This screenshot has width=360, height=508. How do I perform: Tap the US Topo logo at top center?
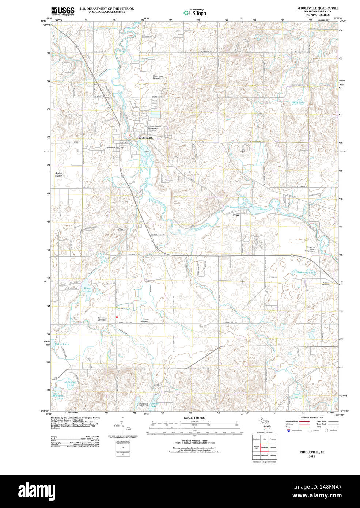click(195, 13)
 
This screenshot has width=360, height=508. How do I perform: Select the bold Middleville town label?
click(146, 139)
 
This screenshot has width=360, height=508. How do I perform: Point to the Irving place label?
click(236, 215)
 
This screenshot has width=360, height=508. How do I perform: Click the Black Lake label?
click(298, 103)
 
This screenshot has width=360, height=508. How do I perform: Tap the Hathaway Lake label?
click(306, 273)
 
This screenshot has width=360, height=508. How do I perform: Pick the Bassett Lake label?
click(88, 289)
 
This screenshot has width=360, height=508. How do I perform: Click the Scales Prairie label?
click(58, 174)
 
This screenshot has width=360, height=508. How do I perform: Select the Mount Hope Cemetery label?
click(157, 77)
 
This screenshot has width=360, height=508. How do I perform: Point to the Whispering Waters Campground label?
click(310, 249)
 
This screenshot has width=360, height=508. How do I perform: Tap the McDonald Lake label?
click(70, 384)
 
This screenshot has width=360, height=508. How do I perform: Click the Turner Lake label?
click(154, 405)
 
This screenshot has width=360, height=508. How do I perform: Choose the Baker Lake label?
click(62, 344)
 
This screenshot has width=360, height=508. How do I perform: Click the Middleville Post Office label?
click(115, 147)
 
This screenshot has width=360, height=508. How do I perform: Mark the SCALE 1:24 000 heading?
click(194, 418)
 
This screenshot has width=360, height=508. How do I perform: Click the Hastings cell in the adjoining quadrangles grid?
click(273, 447)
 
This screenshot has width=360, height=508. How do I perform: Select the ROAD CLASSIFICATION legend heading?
click(312, 417)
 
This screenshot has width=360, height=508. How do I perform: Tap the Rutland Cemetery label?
click(326, 284)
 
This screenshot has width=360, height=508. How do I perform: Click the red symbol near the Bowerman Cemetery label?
click(117, 317)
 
